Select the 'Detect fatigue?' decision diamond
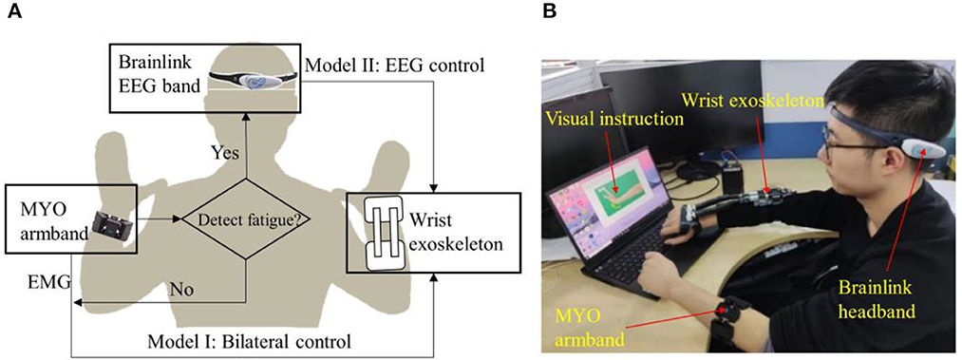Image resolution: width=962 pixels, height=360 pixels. [245, 221]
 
